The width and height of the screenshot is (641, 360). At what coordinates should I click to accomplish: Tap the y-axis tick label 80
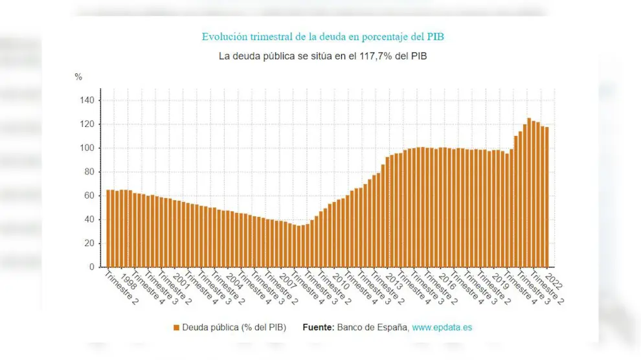[90, 172]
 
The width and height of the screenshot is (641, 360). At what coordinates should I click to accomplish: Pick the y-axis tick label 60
[90, 196]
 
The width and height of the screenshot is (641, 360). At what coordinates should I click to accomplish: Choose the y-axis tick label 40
[90, 219]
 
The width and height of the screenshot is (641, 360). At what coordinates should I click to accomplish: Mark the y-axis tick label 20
[90, 243]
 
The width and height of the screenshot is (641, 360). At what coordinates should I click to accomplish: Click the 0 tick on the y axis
[92, 267]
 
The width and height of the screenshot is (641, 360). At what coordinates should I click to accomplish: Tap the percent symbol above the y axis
[78, 77]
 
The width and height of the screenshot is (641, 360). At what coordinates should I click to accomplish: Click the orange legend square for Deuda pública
[176, 328]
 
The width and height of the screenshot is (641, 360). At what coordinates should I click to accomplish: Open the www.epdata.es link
[442, 328]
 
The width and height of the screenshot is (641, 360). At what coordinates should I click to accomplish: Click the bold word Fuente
[318, 328]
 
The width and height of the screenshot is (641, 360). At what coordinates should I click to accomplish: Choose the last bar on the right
[546, 197]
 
